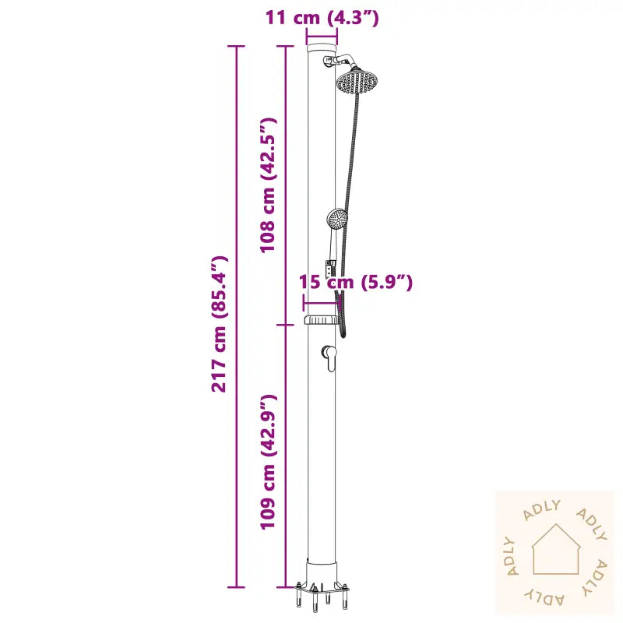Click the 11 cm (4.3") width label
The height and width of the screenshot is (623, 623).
point(322,18)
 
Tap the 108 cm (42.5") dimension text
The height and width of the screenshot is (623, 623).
point(268,185)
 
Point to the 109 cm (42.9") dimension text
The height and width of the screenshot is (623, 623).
point(268,462)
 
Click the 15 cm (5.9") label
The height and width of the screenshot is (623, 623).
point(356,282)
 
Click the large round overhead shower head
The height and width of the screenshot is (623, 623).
point(357,80)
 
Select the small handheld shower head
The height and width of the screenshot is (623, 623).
point(337,219)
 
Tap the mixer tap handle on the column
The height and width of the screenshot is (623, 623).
point(330,357)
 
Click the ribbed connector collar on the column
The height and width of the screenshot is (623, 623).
point(319,321)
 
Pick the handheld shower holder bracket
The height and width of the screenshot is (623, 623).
point(330,268)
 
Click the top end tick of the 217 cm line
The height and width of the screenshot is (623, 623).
point(235,46)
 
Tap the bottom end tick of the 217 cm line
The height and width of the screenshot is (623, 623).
point(235,586)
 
